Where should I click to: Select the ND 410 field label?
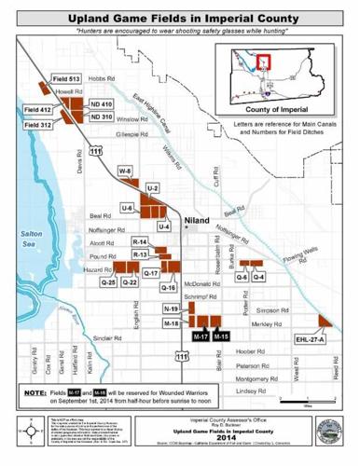(x=101, y=104)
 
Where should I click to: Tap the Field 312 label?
(x=38, y=124)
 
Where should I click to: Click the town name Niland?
(x=198, y=221)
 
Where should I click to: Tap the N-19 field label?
(x=172, y=308)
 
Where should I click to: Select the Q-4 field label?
(x=259, y=278)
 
